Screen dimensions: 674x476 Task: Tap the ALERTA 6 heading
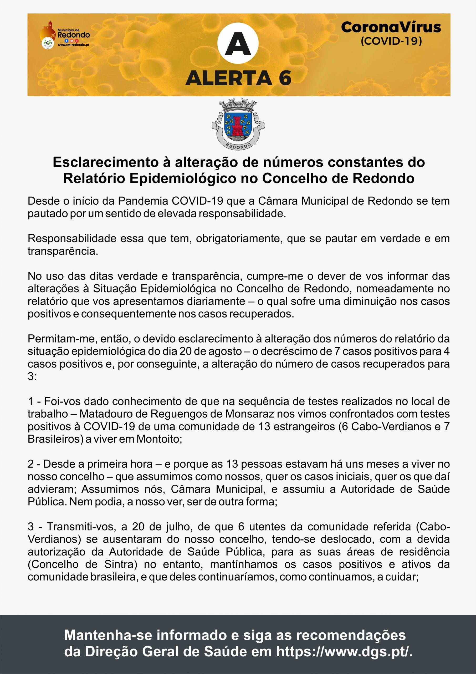[x=238, y=78]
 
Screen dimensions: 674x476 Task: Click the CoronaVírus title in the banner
[x=391, y=27]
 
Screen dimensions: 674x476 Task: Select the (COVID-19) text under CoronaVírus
[x=391, y=41]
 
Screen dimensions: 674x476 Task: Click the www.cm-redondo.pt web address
[x=73, y=45]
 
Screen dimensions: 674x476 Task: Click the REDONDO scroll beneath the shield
[x=238, y=146]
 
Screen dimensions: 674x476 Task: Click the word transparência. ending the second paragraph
[x=63, y=251]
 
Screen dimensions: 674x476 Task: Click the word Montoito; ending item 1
[x=159, y=439]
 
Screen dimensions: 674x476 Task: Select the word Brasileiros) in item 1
[x=55, y=439]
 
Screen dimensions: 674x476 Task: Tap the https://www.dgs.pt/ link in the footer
[x=344, y=651]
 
